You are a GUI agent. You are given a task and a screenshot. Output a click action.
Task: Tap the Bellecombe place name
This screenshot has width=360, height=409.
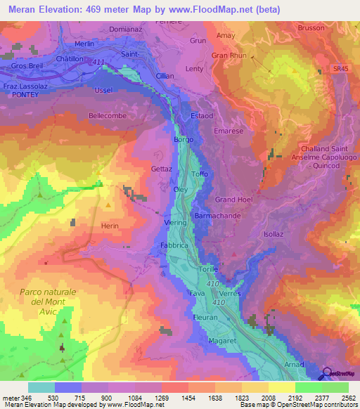(x=106, y=115)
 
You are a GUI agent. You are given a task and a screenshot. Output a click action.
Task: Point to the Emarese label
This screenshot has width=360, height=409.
(x=229, y=130)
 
